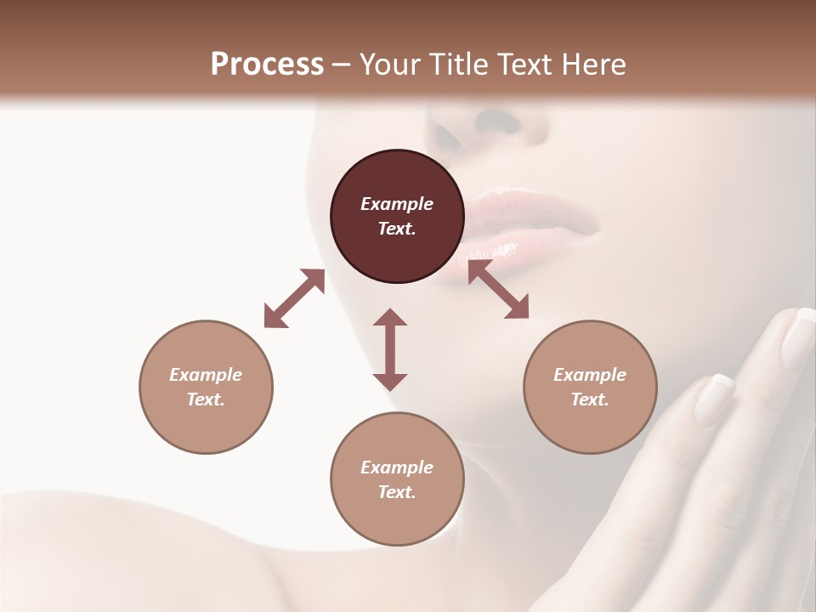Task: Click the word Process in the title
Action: pyautogui.click(x=267, y=65)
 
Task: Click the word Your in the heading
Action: pyautogui.click(x=387, y=65)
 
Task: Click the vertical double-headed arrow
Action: pyautogui.click(x=390, y=349)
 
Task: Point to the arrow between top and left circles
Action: pyautogui.click(x=294, y=298)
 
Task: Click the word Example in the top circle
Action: pyautogui.click(x=397, y=204)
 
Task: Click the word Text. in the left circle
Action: pyautogui.click(x=206, y=399)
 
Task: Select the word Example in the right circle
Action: pyautogui.click(x=590, y=375)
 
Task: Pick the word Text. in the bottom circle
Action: pyautogui.click(x=397, y=492)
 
